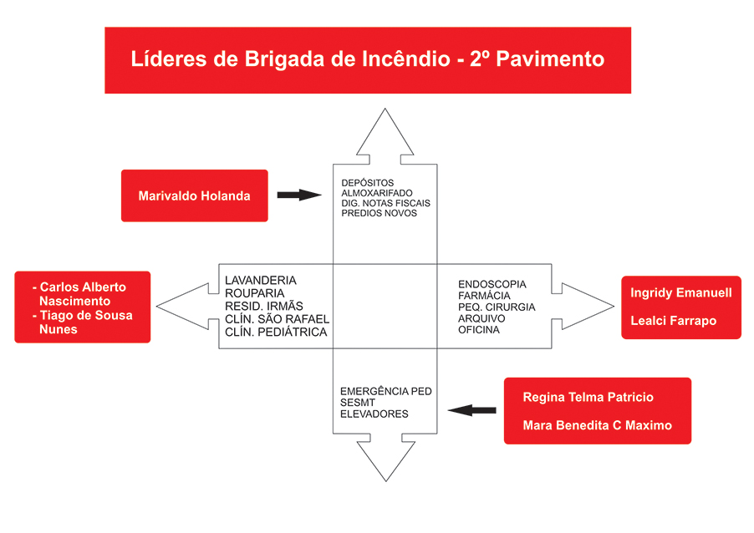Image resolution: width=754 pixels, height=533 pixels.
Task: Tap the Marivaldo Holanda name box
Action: tap(194, 195)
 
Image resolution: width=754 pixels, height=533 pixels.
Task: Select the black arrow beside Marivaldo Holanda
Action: tap(298, 195)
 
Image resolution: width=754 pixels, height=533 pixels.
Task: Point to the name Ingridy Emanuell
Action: tap(681, 293)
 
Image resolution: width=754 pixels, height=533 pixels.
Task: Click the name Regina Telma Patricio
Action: tap(588, 398)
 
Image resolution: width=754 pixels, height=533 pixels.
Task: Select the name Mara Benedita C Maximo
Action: tap(597, 425)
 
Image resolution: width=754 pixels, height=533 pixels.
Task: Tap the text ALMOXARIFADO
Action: tap(377, 193)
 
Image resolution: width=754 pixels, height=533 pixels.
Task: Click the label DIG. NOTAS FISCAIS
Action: tap(385, 203)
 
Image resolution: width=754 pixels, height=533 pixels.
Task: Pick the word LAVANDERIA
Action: tap(261, 281)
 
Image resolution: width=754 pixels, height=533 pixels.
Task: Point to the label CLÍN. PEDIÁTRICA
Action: tap(276, 332)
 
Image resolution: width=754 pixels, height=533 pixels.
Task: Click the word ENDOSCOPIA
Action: tap(492, 285)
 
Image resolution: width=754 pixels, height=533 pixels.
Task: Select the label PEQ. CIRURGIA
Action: tap(497, 307)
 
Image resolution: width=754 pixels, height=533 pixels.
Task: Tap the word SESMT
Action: tap(358, 403)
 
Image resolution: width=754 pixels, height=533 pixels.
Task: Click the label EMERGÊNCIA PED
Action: tap(385, 391)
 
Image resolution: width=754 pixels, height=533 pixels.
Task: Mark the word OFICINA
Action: tap(478, 330)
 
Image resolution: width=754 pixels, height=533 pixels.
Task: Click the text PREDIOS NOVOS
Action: tap(379, 213)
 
